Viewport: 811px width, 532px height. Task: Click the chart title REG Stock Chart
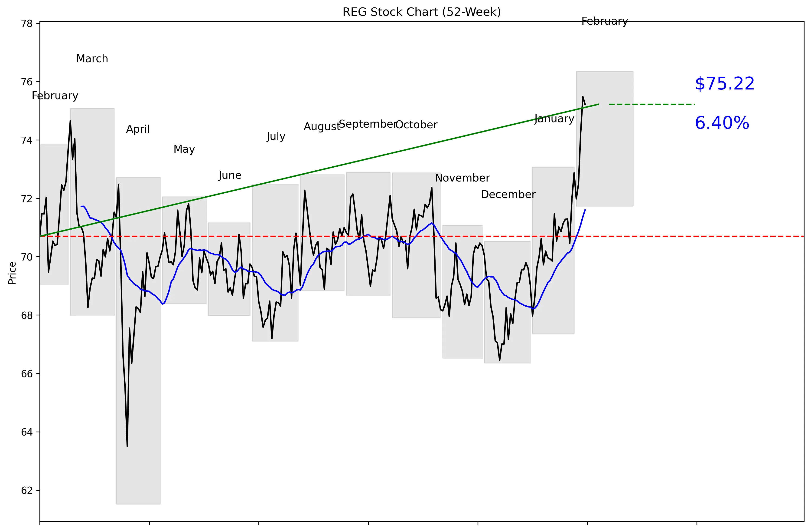(421, 12)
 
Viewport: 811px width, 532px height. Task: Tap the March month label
(92, 59)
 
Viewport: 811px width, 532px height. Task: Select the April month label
(138, 129)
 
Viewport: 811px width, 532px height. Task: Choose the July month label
(276, 136)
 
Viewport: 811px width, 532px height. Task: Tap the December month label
(508, 194)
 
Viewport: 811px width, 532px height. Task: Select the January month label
(554, 119)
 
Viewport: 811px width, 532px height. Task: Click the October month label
(416, 125)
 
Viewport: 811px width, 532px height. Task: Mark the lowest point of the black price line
(127, 446)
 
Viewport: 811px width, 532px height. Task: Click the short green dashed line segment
(651, 104)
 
